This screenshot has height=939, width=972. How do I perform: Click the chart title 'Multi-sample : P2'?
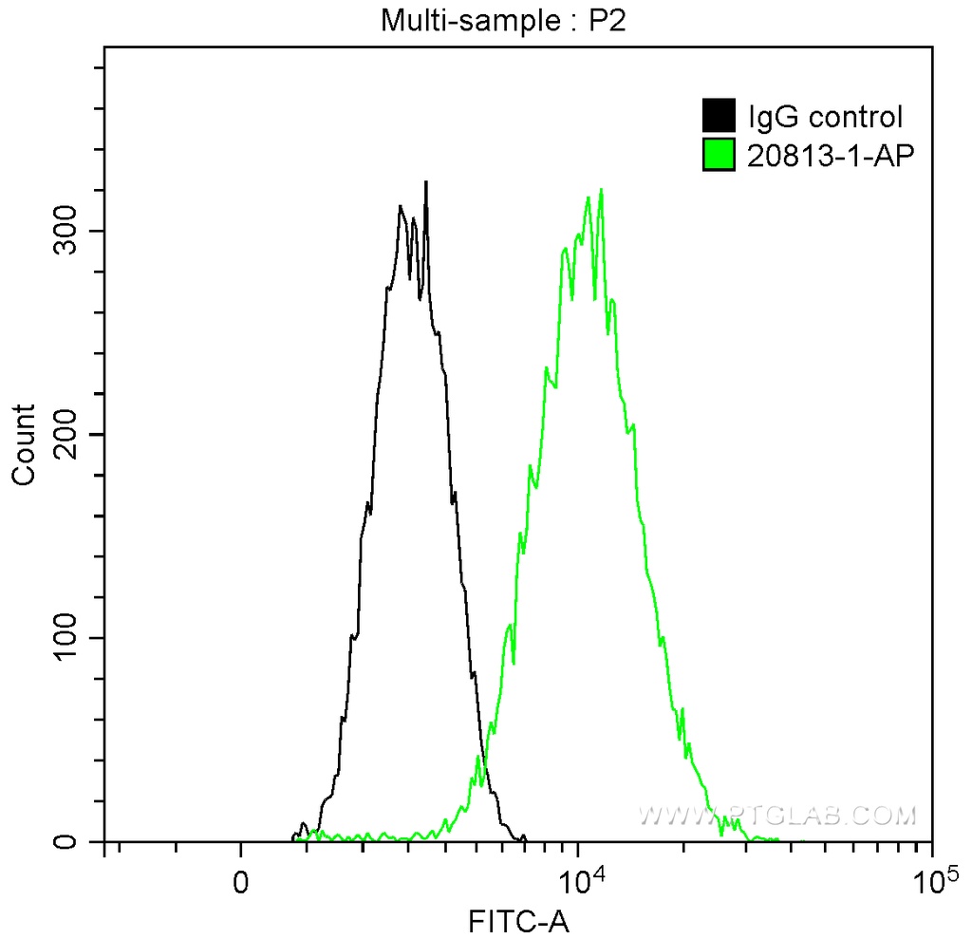504,21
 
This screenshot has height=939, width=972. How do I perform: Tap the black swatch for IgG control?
719,117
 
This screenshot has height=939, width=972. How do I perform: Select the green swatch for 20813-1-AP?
719,153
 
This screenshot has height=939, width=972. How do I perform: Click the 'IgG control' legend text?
825,118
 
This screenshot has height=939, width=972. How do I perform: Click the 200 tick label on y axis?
68,434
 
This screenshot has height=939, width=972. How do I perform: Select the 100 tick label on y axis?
68,638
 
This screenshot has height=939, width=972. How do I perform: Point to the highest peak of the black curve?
426,182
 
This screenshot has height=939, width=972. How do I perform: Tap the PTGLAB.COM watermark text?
778,816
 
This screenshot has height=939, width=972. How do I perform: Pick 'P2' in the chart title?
611,21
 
